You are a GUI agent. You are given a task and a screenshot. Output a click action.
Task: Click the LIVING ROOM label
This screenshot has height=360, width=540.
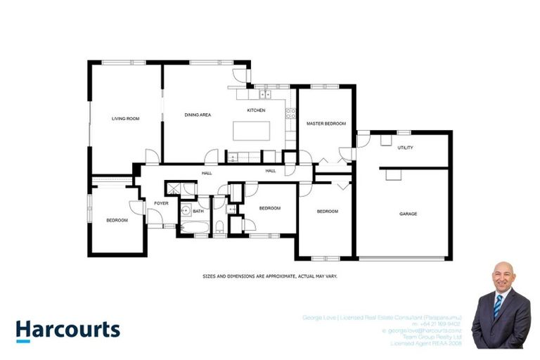(x=125, y=119)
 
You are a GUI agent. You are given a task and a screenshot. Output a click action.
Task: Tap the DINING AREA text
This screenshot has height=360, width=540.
(x=198, y=115)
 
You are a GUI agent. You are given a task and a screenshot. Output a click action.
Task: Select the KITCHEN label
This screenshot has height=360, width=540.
(x=255, y=111)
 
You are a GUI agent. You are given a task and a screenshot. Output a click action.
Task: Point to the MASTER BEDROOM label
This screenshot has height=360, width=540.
(x=326, y=124)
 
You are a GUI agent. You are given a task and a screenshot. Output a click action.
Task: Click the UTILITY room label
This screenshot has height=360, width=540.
(x=405, y=148)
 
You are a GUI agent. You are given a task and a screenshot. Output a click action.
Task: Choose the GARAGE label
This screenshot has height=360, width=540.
(x=408, y=213)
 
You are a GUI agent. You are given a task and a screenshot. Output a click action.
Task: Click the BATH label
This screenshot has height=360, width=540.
(x=198, y=210)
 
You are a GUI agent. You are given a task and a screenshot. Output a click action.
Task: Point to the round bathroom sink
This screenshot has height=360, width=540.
(x=185, y=210)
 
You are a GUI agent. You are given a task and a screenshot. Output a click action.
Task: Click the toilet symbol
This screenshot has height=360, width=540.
(x=219, y=226)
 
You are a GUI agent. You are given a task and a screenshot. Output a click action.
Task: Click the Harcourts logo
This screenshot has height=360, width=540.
(x=68, y=330)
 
